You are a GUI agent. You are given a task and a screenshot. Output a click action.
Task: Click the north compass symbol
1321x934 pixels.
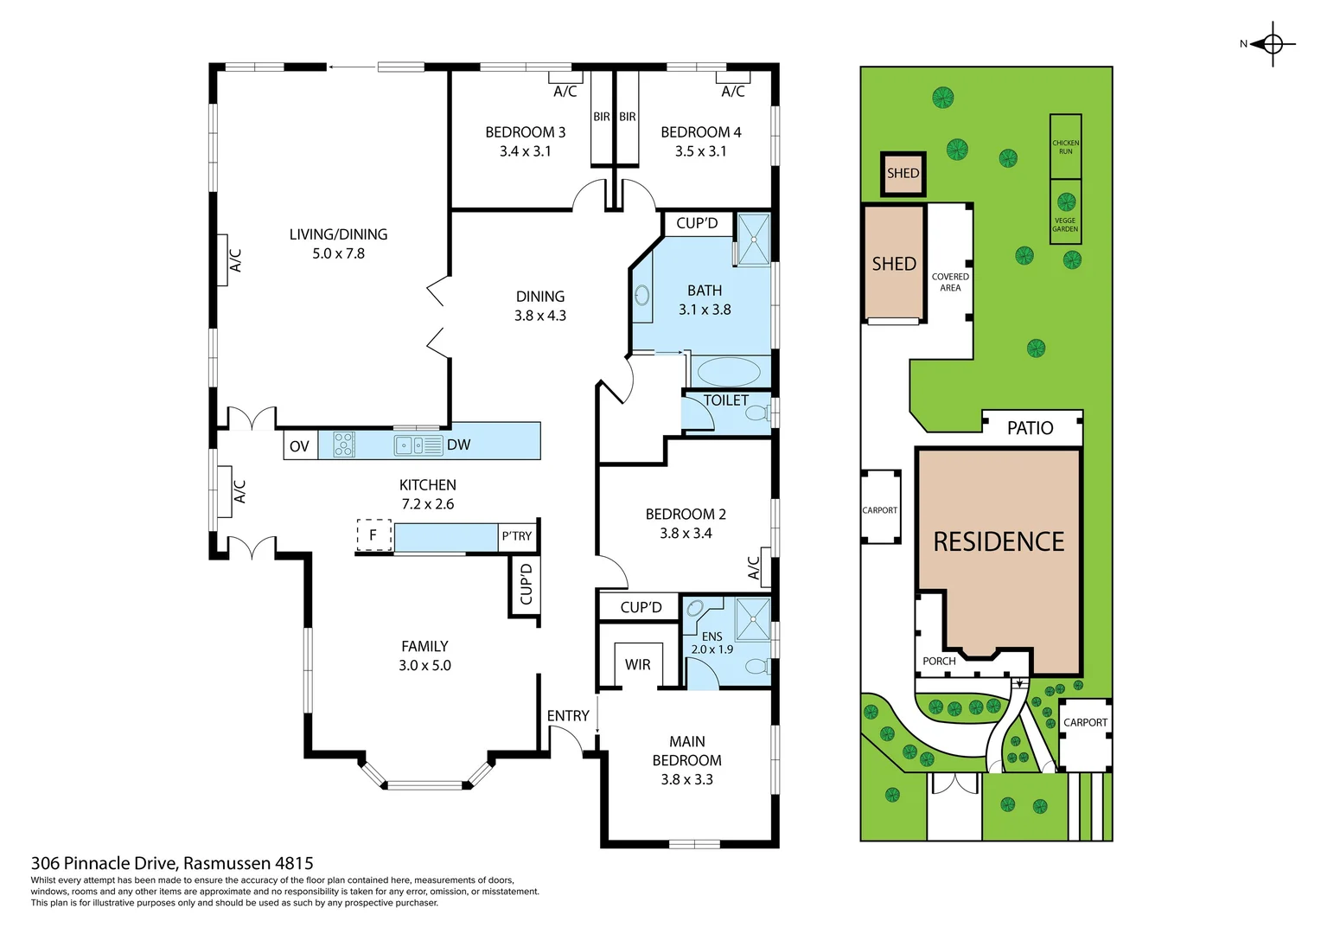click(x=1272, y=44)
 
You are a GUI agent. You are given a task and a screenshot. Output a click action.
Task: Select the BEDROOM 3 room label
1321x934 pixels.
click(x=525, y=132)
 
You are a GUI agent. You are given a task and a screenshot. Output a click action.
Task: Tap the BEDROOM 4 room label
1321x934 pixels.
click(x=700, y=132)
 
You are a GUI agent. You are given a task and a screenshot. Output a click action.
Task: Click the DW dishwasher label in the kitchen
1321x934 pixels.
click(x=458, y=445)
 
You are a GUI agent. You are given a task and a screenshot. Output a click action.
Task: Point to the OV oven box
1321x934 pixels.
click(x=300, y=446)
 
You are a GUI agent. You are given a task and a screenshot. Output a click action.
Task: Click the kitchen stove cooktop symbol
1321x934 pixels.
click(x=344, y=445)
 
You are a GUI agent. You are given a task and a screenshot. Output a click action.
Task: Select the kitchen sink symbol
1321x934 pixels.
click(x=418, y=445)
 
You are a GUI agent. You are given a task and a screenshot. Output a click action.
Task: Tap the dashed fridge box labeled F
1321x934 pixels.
click(x=374, y=535)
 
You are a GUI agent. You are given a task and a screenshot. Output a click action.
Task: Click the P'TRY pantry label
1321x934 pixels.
click(x=517, y=536)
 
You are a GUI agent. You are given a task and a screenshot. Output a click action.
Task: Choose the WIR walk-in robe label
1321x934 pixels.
click(x=637, y=665)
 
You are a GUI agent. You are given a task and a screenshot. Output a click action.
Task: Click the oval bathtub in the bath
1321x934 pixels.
click(x=728, y=373)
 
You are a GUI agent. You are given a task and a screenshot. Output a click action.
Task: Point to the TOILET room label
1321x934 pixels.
click(x=725, y=400)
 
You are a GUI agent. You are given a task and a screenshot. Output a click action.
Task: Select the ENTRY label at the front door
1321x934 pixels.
click(x=568, y=716)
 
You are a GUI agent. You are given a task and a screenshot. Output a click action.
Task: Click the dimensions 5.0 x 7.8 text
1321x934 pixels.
click(x=338, y=253)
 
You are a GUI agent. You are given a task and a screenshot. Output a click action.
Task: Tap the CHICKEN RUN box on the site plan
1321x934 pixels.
click(x=1065, y=146)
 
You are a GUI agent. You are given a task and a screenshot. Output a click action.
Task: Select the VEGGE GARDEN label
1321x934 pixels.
click(x=1065, y=224)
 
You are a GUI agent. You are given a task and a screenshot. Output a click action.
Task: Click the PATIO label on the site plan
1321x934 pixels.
click(x=1030, y=428)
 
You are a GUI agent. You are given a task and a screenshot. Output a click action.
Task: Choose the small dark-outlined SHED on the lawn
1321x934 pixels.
click(x=903, y=173)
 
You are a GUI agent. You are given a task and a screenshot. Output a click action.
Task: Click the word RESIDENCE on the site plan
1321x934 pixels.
click(x=999, y=542)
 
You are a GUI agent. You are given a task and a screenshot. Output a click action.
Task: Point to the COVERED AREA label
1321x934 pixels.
click(x=950, y=282)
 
